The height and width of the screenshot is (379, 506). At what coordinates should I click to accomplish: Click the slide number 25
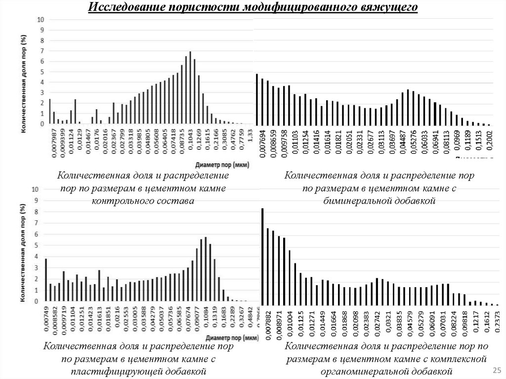[495, 371]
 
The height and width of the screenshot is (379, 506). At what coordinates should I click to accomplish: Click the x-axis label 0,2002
[489, 144]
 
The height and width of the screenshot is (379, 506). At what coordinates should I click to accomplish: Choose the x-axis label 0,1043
[191, 139]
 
